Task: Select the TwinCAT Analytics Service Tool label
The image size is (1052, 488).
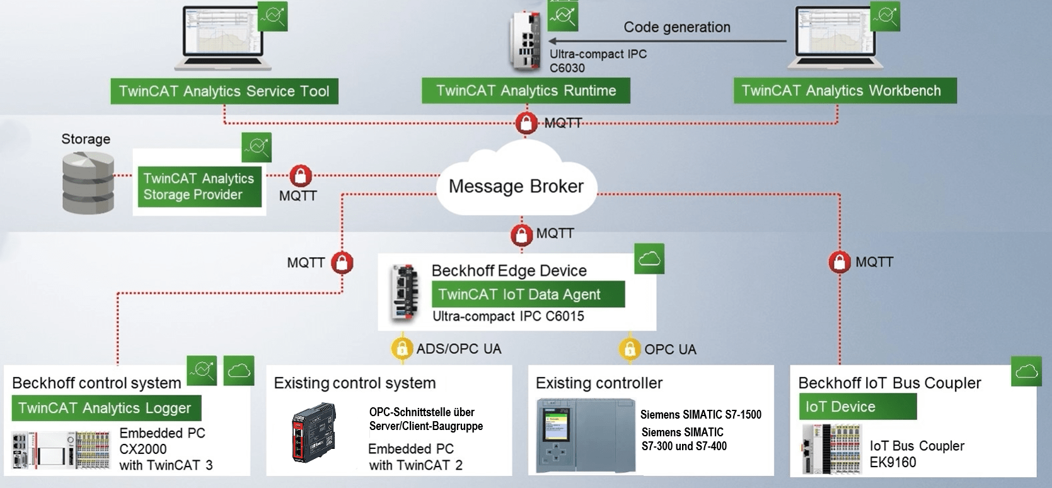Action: (224, 91)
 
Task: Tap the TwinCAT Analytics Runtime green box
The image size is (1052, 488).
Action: (526, 91)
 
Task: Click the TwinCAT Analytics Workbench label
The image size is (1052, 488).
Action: (844, 91)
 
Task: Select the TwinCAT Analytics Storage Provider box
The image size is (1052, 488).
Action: (199, 187)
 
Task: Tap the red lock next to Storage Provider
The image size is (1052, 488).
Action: (301, 175)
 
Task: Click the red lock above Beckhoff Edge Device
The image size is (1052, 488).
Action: (521, 235)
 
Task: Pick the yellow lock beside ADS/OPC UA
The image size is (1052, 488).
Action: (402, 348)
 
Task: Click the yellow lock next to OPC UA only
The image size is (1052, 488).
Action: (629, 349)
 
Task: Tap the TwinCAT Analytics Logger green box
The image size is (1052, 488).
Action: (106, 408)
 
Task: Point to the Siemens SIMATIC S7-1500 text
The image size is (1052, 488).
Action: (700, 415)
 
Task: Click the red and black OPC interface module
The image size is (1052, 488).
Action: (313, 433)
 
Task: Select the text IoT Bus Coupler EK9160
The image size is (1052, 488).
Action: (916, 453)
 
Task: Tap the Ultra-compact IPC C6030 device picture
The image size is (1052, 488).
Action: (525, 40)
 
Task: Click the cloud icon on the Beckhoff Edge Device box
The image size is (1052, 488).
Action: (649, 259)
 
